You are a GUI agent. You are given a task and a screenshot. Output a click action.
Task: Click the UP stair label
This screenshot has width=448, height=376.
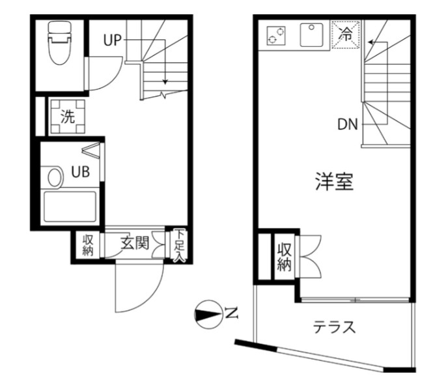pos(112,40)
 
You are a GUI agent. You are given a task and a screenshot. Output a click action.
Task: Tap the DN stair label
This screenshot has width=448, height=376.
pos(348,124)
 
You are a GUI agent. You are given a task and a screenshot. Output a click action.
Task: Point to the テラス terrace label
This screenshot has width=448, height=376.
pos(335,327)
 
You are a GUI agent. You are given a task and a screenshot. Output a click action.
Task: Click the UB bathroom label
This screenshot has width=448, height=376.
pos(80,172)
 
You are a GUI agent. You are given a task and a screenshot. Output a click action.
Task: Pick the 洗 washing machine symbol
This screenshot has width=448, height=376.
pos(67,117)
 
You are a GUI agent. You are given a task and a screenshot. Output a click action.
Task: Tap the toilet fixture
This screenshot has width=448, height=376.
pos(59,42)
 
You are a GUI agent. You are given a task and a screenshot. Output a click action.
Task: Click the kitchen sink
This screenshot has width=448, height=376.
pos(312,35)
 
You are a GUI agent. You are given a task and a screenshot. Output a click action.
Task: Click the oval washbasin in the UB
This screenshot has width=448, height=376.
pos(55,175)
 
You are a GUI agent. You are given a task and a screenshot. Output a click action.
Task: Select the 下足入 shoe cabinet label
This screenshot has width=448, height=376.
pos(178,244)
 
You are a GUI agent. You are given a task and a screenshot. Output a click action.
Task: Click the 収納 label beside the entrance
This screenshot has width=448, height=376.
pos(88,245)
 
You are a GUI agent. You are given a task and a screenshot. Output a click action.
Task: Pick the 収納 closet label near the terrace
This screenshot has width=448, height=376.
pos(284,257)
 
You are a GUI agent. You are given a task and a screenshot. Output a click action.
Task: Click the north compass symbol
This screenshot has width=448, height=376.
pos(207,315)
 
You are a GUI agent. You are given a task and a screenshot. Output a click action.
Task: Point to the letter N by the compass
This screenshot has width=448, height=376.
pos(231,315)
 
